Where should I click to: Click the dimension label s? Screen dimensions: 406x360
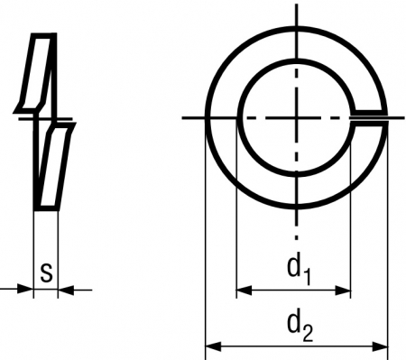point(46,272)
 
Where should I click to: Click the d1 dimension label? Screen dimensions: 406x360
point(299,269)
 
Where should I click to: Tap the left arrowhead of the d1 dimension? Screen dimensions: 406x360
point(244,291)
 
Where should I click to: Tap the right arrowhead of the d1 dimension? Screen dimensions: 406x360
point(343,291)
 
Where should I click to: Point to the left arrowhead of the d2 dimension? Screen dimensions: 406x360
point(213,346)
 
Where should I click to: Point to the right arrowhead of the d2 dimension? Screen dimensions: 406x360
point(380,346)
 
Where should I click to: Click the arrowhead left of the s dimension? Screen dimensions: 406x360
point(25,290)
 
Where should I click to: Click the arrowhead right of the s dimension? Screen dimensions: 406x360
point(66,291)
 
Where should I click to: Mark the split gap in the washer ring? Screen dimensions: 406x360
point(369,118)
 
